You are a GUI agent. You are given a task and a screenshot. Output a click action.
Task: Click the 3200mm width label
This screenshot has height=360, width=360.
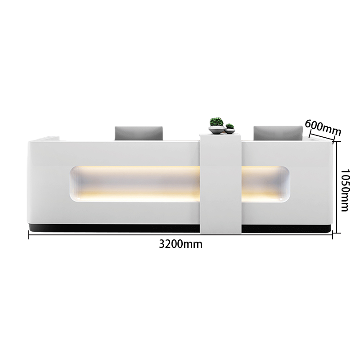tap(181, 244)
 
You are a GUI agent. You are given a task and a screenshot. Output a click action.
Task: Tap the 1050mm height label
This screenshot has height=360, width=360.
tap(345, 190)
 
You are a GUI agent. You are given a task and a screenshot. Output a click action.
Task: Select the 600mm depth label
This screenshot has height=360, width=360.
tap(323, 127)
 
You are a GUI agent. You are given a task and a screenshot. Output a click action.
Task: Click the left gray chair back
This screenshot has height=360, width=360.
tap(139, 133)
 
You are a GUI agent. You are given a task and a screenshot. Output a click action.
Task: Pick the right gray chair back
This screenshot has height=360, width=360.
tap(278, 133)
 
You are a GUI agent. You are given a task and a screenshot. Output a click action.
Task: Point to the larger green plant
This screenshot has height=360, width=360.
tap(216, 122)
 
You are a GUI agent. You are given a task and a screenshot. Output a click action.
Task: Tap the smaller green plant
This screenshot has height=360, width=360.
tap(229, 126)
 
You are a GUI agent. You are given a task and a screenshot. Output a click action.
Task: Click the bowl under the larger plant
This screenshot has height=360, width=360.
tap(216, 130)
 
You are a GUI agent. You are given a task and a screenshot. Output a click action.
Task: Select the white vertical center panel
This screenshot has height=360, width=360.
tap(220, 184)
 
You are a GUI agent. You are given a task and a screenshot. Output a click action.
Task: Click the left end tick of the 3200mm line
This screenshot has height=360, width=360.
tap(29, 234)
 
